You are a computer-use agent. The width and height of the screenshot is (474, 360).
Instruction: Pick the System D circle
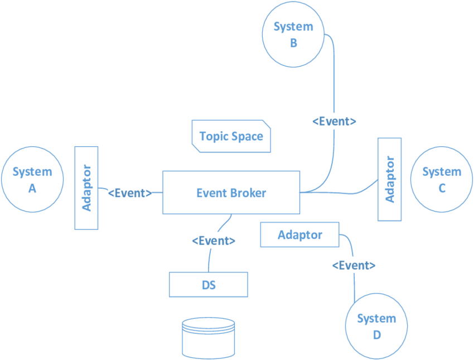[x=376, y=327]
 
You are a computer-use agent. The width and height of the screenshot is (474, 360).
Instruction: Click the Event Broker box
[x=231, y=193]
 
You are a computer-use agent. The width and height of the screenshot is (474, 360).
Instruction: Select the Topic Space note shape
[x=231, y=136]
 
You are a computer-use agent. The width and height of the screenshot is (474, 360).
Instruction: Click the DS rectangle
[x=209, y=285]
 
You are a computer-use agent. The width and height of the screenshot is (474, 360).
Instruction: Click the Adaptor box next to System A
[x=86, y=188]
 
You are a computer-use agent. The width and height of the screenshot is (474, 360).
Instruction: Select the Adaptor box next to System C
[x=390, y=179]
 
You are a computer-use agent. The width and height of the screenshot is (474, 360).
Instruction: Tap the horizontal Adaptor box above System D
[x=300, y=234]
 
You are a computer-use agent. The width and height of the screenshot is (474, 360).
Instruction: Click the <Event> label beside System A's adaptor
[x=129, y=193]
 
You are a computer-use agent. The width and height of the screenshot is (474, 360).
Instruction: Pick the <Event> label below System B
[x=333, y=121]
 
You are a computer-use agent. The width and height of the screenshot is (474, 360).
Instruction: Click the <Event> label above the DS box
[x=214, y=241]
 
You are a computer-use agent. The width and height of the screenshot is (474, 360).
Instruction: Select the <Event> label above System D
[x=354, y=265]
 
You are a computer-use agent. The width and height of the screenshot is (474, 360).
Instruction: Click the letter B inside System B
[x=293, y=42]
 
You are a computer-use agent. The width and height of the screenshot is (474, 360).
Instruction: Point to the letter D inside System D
[x=377, y=335]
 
